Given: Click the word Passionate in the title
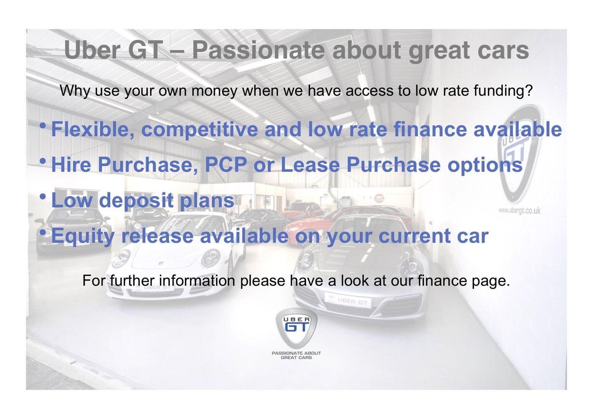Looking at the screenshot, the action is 258,50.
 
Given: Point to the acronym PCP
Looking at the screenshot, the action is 226,164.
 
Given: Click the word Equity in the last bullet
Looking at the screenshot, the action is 83,236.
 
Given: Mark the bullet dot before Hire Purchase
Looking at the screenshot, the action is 43,161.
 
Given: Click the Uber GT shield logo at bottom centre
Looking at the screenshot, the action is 296,328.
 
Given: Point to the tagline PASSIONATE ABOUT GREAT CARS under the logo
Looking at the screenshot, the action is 296,356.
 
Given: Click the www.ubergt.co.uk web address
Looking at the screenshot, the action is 519,211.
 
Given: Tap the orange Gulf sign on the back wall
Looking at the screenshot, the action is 379,198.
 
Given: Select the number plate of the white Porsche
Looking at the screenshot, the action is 153,288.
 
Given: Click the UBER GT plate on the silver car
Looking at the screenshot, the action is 348,301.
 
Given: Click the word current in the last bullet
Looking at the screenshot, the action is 415,236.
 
